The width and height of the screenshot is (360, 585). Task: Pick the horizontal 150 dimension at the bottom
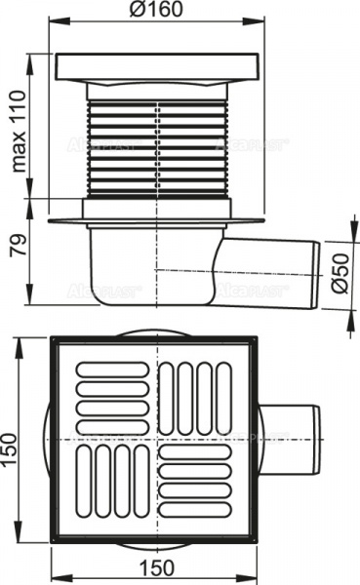tap(157, 568)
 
